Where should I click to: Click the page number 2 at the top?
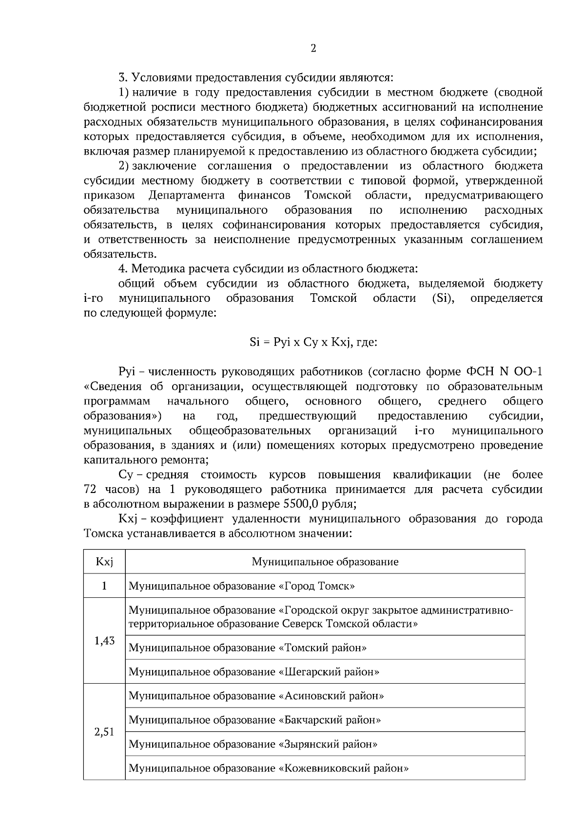(313, 48)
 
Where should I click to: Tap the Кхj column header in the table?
(104, 562)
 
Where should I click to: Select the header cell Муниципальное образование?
(325, 562)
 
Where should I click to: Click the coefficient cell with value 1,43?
(104, 641)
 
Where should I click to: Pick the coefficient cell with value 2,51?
(104, 732)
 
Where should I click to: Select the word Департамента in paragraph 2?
(186, 196)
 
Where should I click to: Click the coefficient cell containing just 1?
(104, 586)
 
